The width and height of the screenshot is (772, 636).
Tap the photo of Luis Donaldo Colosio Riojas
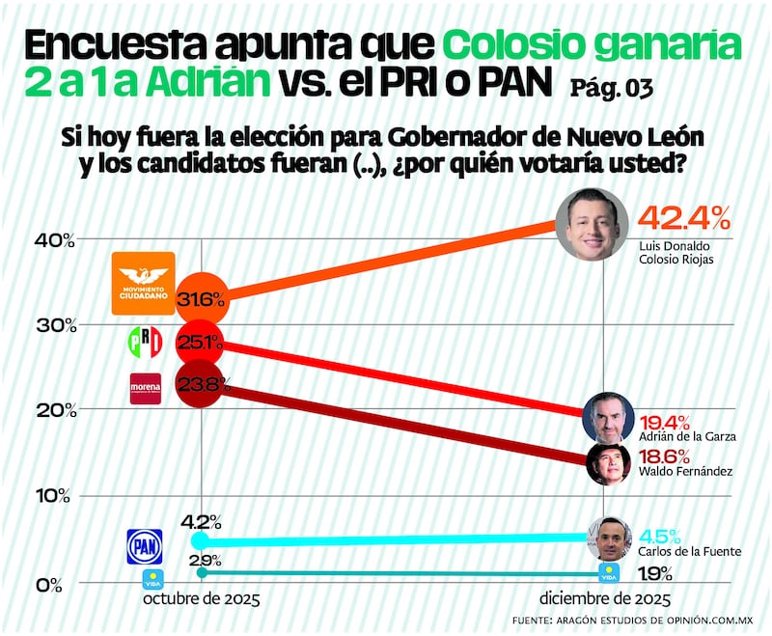coord(593,223)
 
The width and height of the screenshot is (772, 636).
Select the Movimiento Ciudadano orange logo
coord(144,283)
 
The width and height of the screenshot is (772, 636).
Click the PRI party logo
coord(145,342)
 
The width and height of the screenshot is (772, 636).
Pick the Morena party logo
coord(146,388)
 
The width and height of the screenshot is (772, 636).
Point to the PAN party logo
coord(145,546)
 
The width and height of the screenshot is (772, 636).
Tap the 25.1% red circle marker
coord(200,343)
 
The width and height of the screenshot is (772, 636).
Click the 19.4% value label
coord(663,422)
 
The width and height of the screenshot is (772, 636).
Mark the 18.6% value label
coord(663,455)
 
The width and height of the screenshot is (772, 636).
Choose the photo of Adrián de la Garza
coord(608,417)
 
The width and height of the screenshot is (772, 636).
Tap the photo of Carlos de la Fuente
coord(609,539)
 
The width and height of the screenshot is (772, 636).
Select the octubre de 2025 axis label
coord(202,598)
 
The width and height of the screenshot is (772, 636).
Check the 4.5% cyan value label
coord(661,536)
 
